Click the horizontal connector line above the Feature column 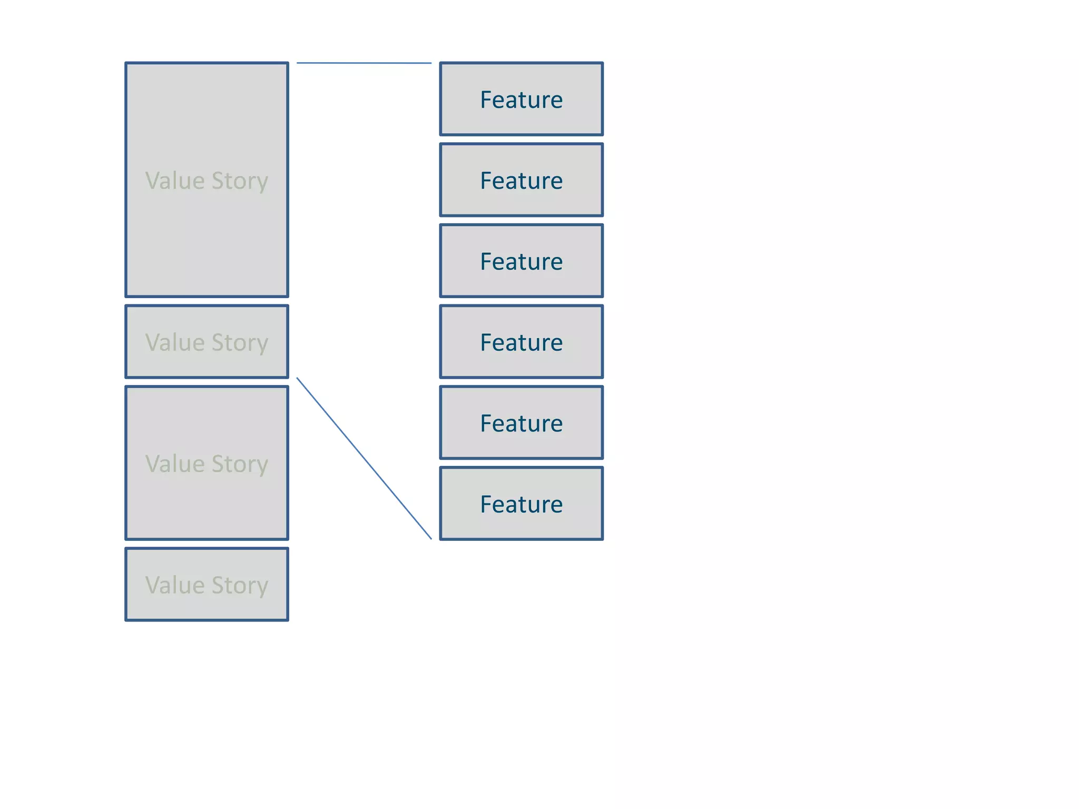pyautogui.click(x=364, y=63)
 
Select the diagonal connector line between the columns pyautogui.click(x=364, y=458)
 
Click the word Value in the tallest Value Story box pyautogui.click(x=175, y=181)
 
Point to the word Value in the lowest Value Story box pyautogui.click(x=175, y=585)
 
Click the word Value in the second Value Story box pyautogui.click(x=175, y=342)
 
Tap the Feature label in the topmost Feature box pyautogui.click(x=521, y=100)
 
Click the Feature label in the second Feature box pyautogui.click(x=521, y=181)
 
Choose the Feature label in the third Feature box pyautogui.click(x=521, y=261)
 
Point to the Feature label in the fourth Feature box pyautogui.click(x=521, y=342)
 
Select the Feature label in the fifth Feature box pyautogui.click(x=521, y=423)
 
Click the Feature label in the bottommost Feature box pyautogui.click(x=521, y=504)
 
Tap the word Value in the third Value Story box pyautogui.click(x=175, y=463)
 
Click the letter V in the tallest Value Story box pyautogui.click(x=152, y=181)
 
